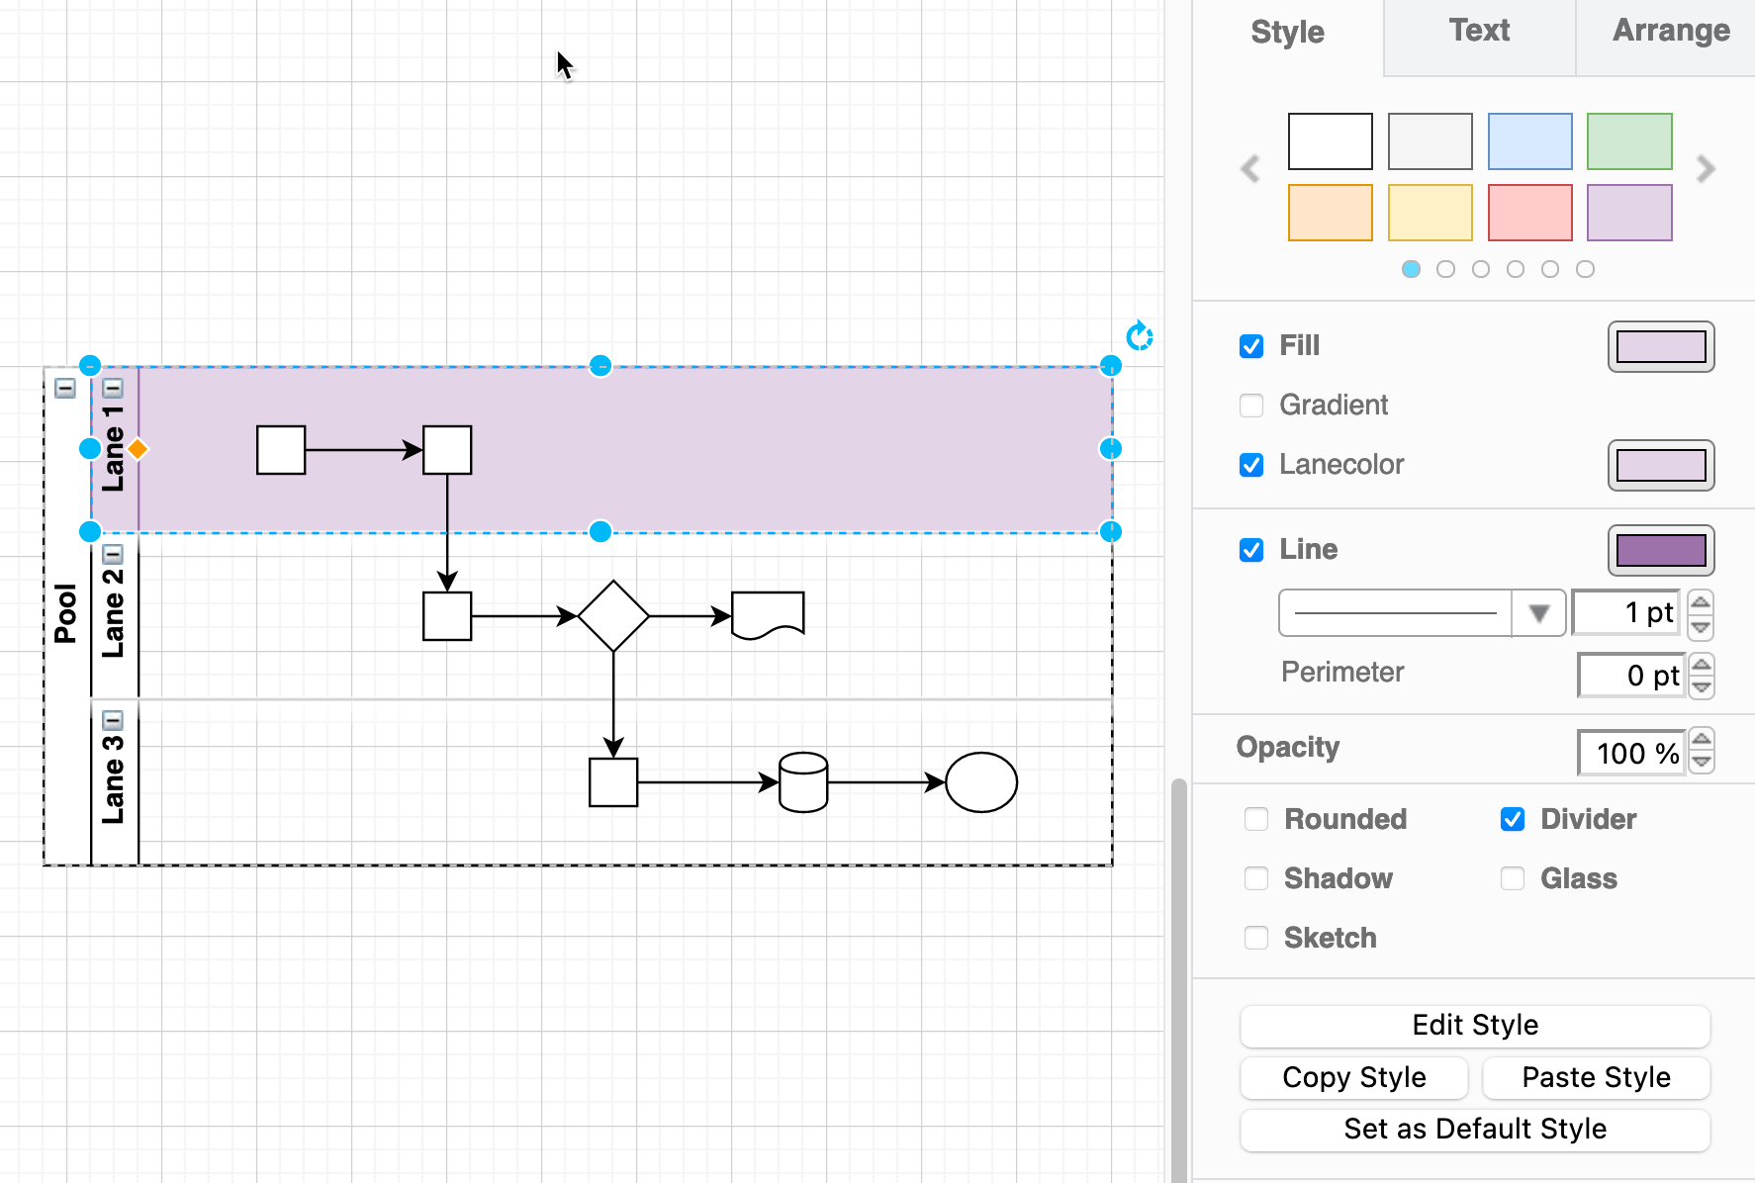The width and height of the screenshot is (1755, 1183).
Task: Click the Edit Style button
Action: (x=1474, y=1025)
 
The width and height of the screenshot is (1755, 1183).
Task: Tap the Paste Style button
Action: (x=1596, y=1077)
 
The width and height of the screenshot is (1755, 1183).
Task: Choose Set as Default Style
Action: (x=1474, y=1129)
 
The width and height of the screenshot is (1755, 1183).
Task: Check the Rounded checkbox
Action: (x=1256, y=819)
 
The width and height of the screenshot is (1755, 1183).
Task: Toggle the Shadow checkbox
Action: (x=1256, y=878)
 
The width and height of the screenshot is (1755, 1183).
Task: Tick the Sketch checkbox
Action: (x=1256, y=938)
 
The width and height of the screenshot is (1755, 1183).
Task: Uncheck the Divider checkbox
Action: (x=1513, y=819)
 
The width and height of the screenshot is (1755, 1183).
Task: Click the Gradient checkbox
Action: (x=1251, y=406)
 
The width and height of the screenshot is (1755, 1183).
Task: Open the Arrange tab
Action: (x=1670, y=32)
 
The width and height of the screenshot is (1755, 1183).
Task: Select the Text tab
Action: (x=1479, y=32)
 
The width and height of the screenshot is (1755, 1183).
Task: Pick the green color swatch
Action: (x=1629, y=141)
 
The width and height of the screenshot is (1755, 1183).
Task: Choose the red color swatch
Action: (x=1529, y=213)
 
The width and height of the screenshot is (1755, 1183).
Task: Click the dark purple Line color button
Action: (x=1660, y=550)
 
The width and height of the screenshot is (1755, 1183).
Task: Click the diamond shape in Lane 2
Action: (x=613, y=616)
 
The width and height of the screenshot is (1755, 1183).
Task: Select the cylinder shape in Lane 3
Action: (x=803, y=782)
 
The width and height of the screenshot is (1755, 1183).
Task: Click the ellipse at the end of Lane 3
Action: (x=981, y=782)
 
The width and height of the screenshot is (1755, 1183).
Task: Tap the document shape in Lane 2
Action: (x=768, y=614)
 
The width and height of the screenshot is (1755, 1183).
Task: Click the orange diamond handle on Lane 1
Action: (x=138, y=449)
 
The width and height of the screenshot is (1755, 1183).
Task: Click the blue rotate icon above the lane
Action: (x=1140, y=336)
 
